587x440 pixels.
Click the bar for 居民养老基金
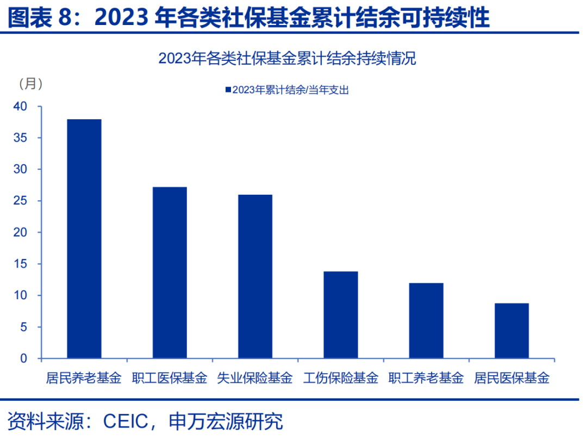click(x=84, y=239)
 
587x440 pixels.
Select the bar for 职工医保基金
click(x=170, y=272)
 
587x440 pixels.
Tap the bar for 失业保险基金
click(x=255, y=276)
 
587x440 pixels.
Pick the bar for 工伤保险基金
click(x=341, y=315)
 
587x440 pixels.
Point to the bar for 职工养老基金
click(x=426, y=321)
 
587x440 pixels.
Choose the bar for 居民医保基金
click(x=511, y=331)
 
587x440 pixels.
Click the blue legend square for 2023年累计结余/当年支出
click(x=228, y=90)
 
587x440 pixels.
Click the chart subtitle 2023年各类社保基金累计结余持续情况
click(x=287, y=59)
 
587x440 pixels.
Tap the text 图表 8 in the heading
click(x=42, y=18)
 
